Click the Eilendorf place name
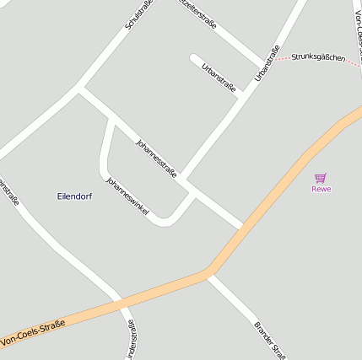74,196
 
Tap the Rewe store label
321,189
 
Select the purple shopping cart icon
321,178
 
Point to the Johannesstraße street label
156,158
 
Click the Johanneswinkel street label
127,196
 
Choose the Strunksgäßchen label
318,58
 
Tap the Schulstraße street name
138,14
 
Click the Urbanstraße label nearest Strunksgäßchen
267,62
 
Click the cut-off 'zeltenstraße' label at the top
199,13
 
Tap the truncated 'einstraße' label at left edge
8,191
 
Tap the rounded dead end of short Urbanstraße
194,58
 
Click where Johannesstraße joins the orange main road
244,228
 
